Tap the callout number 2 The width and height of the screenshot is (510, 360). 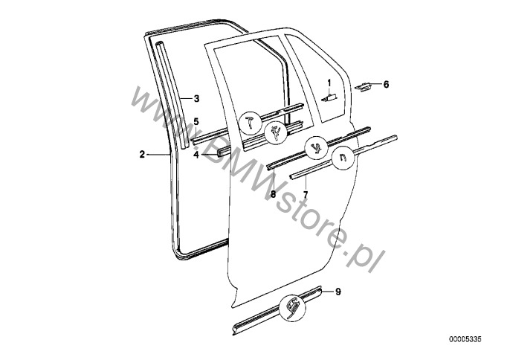(142, 154)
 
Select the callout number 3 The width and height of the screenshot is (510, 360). (196, 98)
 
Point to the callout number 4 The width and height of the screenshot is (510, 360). (196, 155)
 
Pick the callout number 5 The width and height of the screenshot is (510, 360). (196, 121)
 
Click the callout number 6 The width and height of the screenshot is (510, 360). (386, 85)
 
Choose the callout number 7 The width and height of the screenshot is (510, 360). (306, 195)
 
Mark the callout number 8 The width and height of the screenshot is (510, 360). (273, 195)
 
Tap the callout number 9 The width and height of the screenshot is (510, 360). (338, 292)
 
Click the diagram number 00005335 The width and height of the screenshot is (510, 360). (465, 339)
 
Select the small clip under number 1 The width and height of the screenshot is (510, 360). (329, 97)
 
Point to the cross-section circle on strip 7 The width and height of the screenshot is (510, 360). (343, 158)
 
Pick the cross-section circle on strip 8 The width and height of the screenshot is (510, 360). (316, 147)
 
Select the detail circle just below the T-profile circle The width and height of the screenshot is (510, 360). (276, 132)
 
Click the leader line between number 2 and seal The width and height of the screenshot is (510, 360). (158, 155)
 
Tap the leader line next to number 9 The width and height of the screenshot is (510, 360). (327, 292)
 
